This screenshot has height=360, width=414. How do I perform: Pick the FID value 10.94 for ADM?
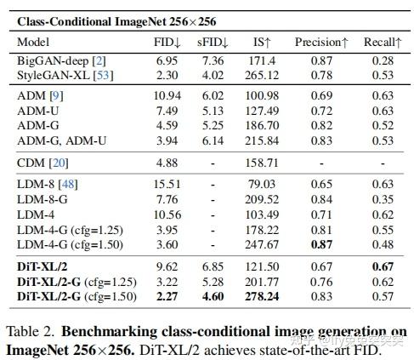(x=167, y=95)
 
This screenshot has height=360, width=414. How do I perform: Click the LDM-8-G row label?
(x=43, y=199)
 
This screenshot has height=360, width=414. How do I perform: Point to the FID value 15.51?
(x=167, y=184)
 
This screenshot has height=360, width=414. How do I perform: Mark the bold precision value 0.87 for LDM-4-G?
(x=320, y=245)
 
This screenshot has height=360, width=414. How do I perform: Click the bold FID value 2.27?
(x=167, y=296)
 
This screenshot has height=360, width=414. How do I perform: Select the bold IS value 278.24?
(x=261, y=296)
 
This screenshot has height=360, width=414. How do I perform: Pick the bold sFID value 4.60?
(x=213, y=296)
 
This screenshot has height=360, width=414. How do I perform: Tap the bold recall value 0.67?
(x=383, y=266)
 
